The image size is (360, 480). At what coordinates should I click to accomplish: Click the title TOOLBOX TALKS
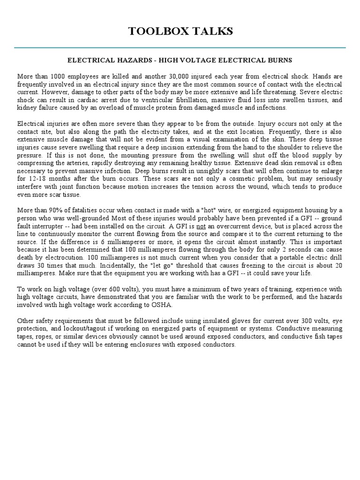[x=180, y=31]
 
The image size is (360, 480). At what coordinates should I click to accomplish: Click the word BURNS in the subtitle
[x=279, y=60]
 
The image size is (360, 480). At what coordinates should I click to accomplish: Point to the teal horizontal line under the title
[x=180, y=47]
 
